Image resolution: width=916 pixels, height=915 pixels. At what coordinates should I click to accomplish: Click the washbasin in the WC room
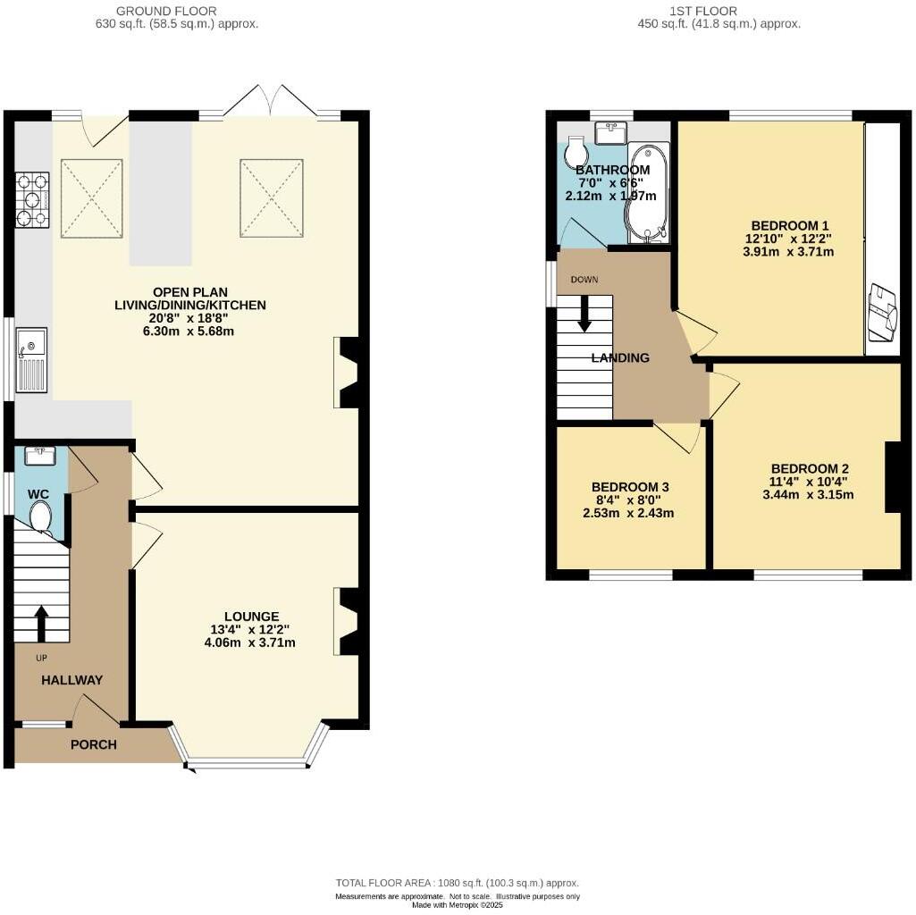pos(41,457)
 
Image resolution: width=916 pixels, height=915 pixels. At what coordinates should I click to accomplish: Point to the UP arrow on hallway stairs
pos(41,624)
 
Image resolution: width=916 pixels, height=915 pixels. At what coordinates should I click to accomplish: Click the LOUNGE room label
pos(252,617)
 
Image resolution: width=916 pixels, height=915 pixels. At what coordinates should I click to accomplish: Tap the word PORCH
pos(94,744)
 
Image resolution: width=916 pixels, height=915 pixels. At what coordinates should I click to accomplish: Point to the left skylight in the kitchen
pos(91,198)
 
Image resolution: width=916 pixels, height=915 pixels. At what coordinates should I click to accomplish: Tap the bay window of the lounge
pos(248,762)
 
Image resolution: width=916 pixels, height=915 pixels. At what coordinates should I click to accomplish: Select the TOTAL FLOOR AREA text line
pos(458,882)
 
